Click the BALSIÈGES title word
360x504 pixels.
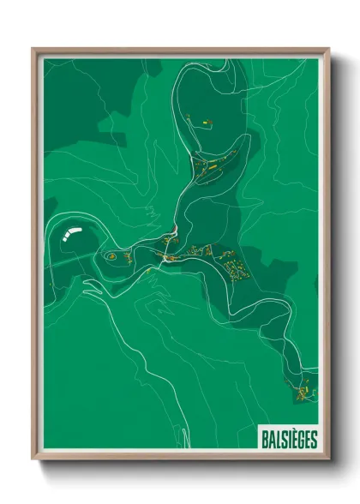289,440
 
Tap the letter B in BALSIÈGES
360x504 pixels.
265,440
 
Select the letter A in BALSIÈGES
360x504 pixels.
272,440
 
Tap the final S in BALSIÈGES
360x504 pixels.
314,440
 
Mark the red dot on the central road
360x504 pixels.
174,228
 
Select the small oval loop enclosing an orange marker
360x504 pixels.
111,255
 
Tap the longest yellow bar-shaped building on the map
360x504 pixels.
171,255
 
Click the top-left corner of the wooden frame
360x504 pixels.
33,49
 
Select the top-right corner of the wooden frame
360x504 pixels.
328,49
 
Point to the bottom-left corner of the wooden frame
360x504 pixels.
33,459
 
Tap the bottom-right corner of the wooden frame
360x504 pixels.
328,459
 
